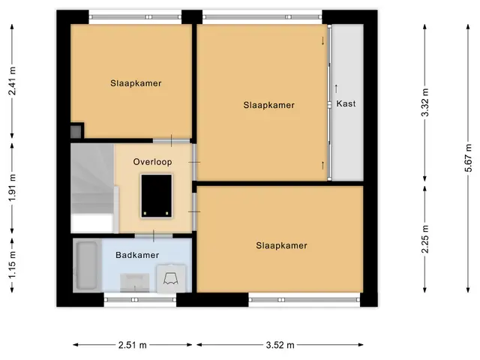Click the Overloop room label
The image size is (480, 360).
pyautogui.click(x=152, y=162)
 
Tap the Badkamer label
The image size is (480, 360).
pyautogui.click(x=137, y=255)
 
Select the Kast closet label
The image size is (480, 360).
pyautogui.click(x=346, y=103)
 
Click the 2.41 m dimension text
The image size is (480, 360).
pyautogui.click(x=12, y=81)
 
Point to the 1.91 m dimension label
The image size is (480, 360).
pyautogui.click(x=12, y=187)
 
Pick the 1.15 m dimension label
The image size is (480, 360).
pyautogui.click(x=12, y=265)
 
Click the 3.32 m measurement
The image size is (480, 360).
pyautogui.click(x=425, y=103)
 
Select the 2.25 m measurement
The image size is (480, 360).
pyautogui.click(x=425, y=239)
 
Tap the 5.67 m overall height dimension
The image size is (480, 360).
pyautogui.click(x=468, y=157)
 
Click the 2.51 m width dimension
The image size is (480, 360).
pyautogui.click(x=133, y=345)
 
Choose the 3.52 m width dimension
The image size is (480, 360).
pyautogui.click(x=280, y=345)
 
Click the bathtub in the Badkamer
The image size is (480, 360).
pyautogui.click(x=87, y=265)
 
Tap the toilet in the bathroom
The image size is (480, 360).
pyautogui.click(x=171, y=278)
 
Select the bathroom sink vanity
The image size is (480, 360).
pyautogui.click(x=135, y=283)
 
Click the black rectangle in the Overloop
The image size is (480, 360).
pyautogui.click(x=157, y=196)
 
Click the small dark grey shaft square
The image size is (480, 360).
pyautogui.click(x=76, y=132)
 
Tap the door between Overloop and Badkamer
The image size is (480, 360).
pyautogui.click(x=154, y=235)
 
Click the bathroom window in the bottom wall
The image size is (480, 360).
pyautogui.click(x=140, y=300)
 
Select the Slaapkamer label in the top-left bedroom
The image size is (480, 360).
pyautogui.click(x=136, y=83)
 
